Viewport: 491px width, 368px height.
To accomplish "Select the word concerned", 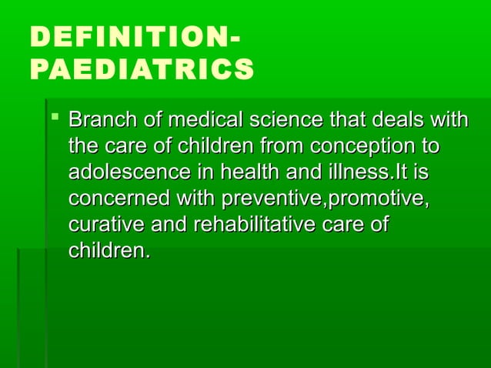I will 119,199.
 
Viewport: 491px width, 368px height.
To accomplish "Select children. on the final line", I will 109,251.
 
